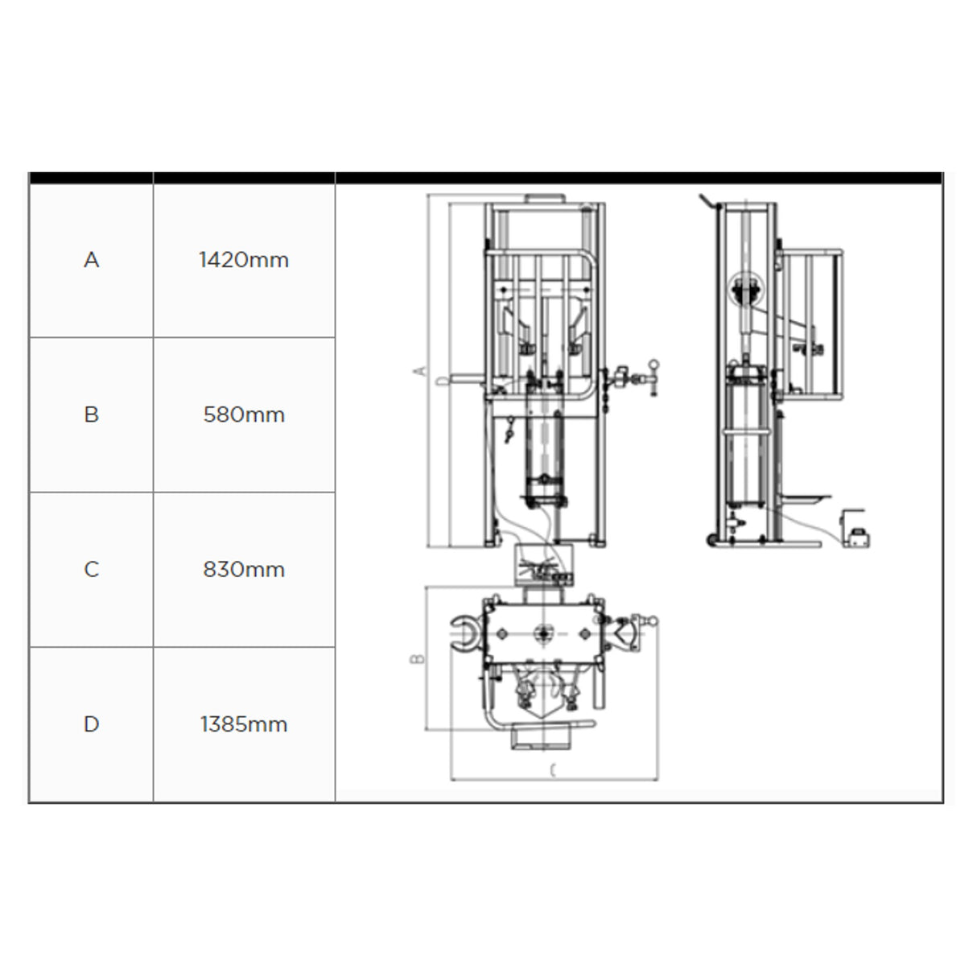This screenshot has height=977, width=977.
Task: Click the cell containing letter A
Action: pyautogui.click(x=91, y=260)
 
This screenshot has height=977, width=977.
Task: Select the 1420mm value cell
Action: pyautogui.click(x=244, y=260)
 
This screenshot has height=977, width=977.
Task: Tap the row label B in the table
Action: pyautogui.click(x=91, y=414)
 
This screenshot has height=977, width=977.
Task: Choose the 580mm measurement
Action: pyautogui.click(x=244, y=414)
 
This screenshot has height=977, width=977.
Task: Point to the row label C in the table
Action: pyautogui.click(x=91, y=569)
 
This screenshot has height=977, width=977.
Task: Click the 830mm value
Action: pyautogui.click(x=244, y=569)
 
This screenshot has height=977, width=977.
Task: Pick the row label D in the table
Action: pyautogui.click(x=91, y=723)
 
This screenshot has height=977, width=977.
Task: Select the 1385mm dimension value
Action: pyautogui.click(x=244, y=723)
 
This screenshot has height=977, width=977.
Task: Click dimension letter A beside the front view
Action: pyautogui.click(x=418, y=370)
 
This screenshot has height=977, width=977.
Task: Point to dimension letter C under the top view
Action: pyautogui.click(x=553, y=771)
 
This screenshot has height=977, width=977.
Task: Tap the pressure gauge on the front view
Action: pyautogui.click(x=653, y=366)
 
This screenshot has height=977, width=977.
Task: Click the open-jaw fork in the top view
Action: pyautogui.click(x=464, y=633)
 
